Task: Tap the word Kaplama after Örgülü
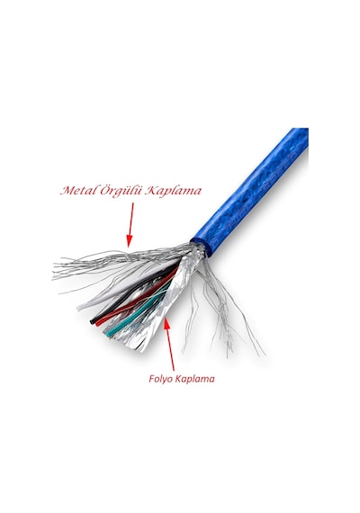[173, 192]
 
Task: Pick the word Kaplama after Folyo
[195, 379]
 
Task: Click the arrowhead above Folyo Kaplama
[166, 323]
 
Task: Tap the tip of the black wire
[93, 322]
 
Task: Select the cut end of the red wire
[98, 323]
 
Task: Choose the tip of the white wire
[79, 308]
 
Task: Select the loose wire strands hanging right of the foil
[226, 310]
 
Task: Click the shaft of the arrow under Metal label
[131, 219]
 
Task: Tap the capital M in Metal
[67, 191]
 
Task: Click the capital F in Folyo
[152, 379]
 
